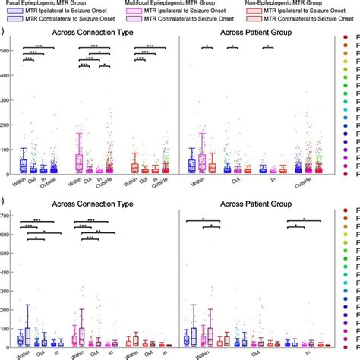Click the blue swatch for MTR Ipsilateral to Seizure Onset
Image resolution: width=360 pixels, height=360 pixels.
point(11,13)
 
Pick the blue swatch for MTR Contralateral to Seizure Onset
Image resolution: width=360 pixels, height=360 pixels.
point(11,21)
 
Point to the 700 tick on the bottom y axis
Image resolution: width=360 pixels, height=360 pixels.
point(7,217)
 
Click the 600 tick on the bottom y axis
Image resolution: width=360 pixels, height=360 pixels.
point(7,235)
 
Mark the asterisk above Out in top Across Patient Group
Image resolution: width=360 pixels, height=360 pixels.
point(232,47)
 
